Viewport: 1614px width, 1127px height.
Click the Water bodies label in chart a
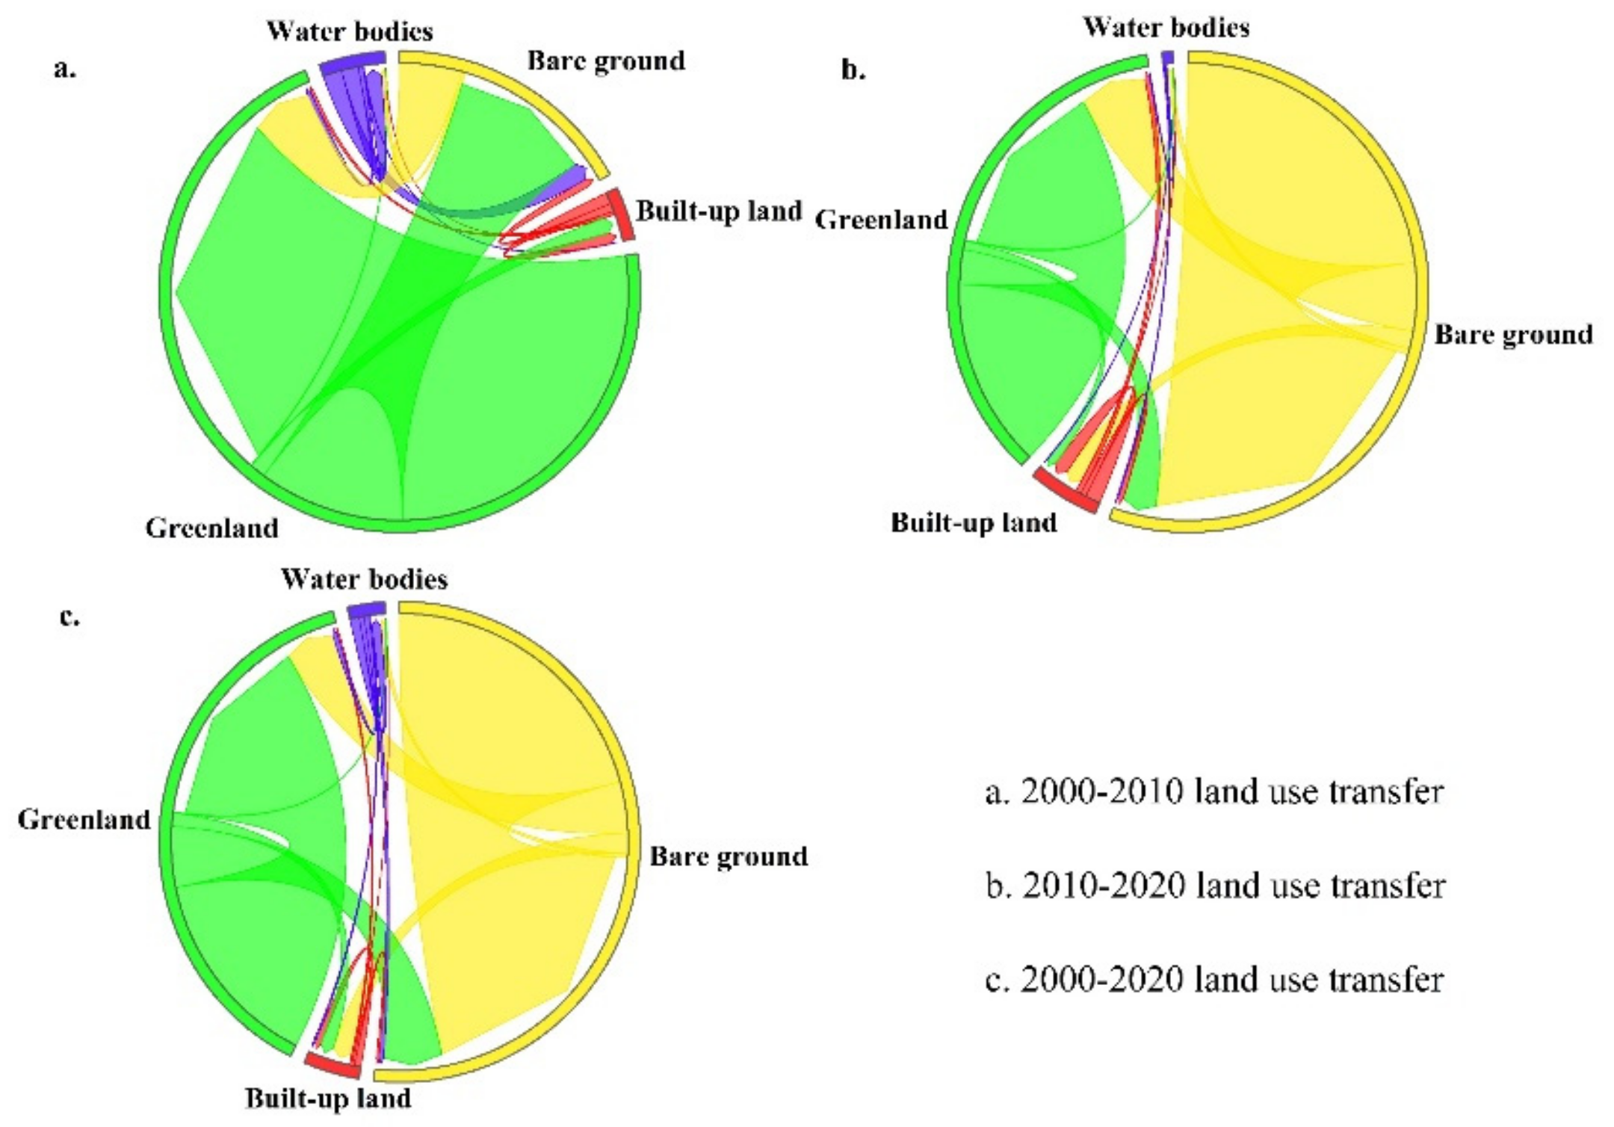pyautogui.click(x=350, y=31)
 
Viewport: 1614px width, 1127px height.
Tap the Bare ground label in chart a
pyautogui.click(x=606, y=61)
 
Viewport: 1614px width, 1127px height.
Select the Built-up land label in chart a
pyautogui.click(x=719, y=211)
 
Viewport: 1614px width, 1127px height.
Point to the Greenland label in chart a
pyautogui.click(x=211, y=528)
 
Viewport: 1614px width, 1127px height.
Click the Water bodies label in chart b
pyautogui.click(x=1166, y=28)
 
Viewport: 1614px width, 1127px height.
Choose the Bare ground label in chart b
pyautogui.click(x=1513, y=334)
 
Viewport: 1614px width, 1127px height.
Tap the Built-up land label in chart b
pyautogui.click(x=974, y=522)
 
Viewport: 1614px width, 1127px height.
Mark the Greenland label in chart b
pyautogui.click(x=881, y=220)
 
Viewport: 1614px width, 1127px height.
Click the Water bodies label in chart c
pyautogui.click(x=364, y=579)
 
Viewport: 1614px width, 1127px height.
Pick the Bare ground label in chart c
pyautogui.click(x=729, y=856)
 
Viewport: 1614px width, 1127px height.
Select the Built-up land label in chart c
pyautogui.click(x=328, y=1098)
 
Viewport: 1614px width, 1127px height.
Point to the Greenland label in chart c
pyautogui.click(x=84, y=820)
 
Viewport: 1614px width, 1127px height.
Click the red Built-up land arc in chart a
pyautogui.click(x=621, y=215)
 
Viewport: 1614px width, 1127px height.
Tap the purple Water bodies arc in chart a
pyautogui.click(x=353, y=62)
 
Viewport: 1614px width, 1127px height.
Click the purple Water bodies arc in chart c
pyautogui.click(x=366, y=610)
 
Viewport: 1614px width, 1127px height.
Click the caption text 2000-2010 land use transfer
pyautogui.click(x=1214, y=791)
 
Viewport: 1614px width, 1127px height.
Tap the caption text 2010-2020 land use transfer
pyautogui.click(x=1216, y=886)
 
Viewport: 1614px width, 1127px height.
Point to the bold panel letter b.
pyautogui.click(x=853, y=70)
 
